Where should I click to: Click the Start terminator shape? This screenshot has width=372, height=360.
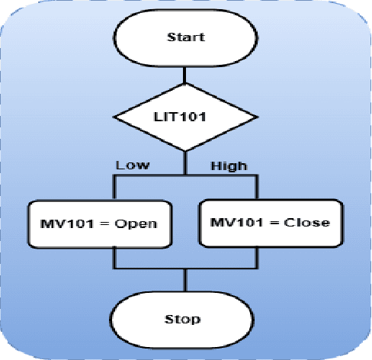185,36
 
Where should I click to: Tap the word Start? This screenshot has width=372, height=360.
185,37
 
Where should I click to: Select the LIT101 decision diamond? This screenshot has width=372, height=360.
185,118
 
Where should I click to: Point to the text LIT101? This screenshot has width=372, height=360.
185,119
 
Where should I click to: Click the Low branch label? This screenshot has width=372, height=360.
132,165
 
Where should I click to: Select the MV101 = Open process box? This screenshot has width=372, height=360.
99,223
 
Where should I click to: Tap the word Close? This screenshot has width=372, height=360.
311,223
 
